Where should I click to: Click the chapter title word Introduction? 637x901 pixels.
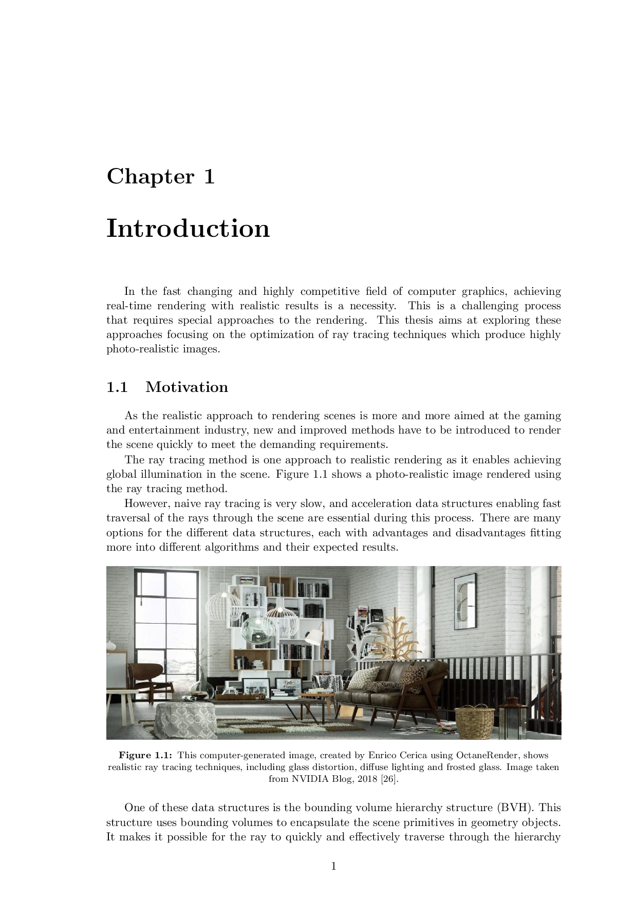click(188, 228)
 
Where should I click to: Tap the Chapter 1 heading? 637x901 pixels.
click(160, 176)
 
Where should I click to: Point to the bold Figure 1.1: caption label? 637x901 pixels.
click(146, 755)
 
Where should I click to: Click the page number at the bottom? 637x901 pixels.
click(333, 867)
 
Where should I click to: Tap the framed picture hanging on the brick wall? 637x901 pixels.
click(465, 601)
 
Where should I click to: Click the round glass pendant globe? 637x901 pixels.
click(258, 629)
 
